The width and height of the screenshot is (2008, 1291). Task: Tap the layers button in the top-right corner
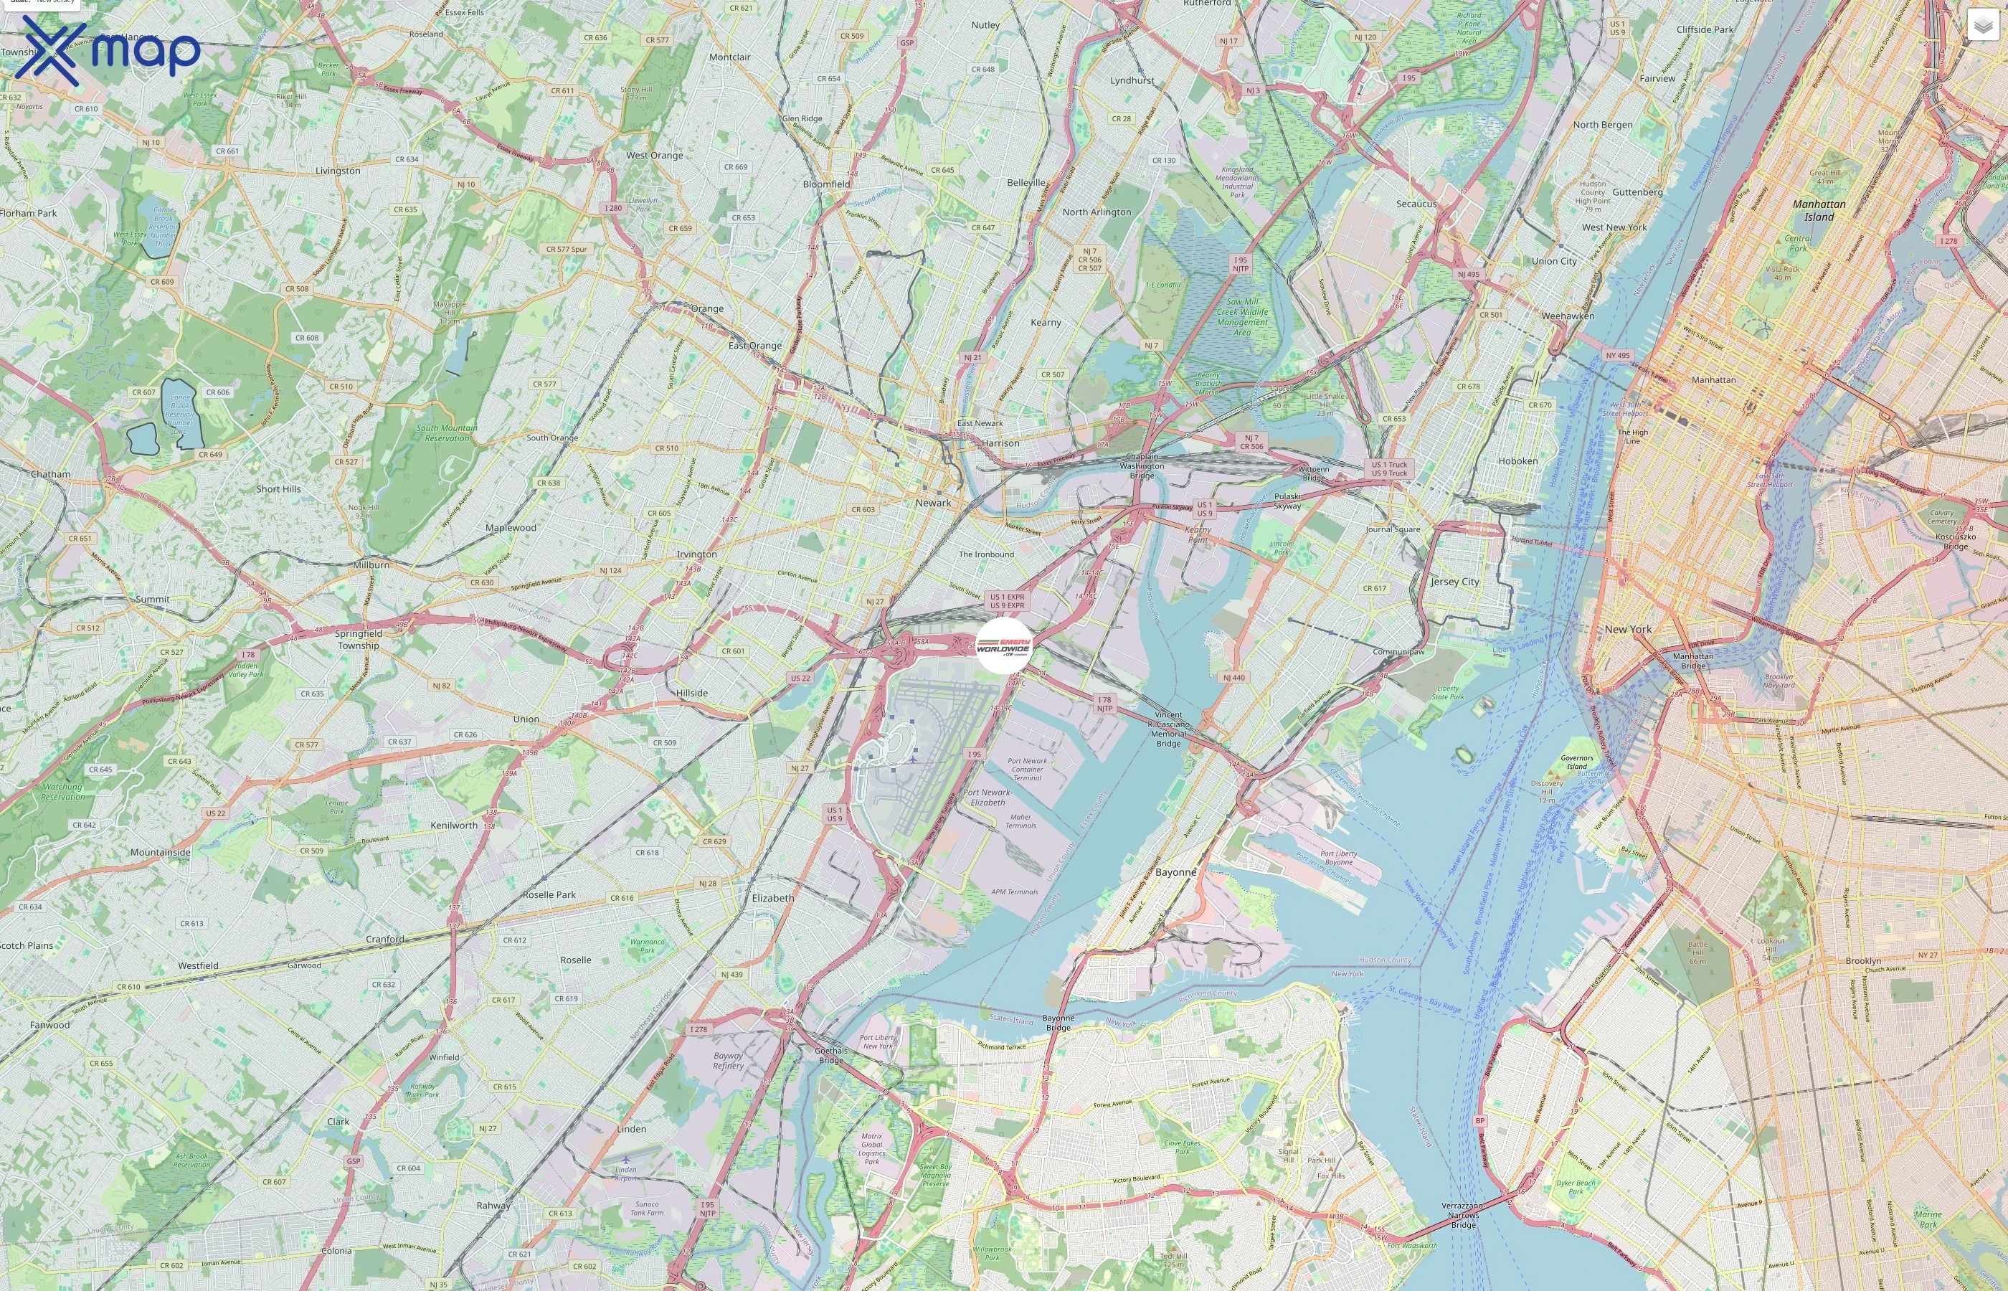coord(1982,25)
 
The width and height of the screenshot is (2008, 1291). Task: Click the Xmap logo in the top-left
coord(108,50)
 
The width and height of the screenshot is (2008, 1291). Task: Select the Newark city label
coord(933,503)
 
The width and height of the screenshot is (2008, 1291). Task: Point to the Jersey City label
coord(1454,582)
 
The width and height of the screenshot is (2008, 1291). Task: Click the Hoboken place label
coord(1517,461)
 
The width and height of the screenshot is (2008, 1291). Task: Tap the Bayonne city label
coord(1176,872)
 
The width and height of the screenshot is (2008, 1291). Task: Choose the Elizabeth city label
coord(772,898)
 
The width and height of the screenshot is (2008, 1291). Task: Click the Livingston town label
coord(338,171)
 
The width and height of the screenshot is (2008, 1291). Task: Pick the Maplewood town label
coord(511,528)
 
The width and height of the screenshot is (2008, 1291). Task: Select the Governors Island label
coord(1576,762)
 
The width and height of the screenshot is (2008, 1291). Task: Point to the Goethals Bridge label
coord(830,1056)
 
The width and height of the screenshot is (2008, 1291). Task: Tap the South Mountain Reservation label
coord(447,432)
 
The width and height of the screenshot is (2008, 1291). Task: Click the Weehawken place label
coord(1568,316)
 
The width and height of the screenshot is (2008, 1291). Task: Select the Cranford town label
coord(384,940)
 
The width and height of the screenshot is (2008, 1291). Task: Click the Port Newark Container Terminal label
coord(1027,770)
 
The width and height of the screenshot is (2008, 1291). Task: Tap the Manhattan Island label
coord(1819,210)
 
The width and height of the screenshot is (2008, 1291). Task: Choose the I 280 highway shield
coord(613,208)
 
